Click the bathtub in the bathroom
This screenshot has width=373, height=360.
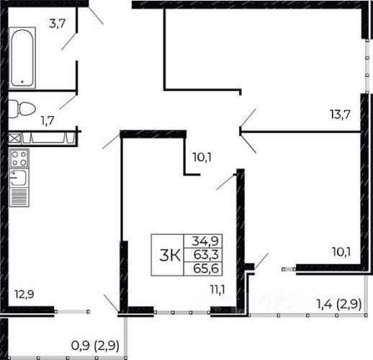coord(22,58)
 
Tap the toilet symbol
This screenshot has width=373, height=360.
coord(22,109)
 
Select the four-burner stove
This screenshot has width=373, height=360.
coord(19,158)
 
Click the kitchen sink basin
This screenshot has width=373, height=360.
coord(19,178)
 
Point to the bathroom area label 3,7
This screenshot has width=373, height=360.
coord(58,24)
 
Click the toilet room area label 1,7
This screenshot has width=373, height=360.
coord(48,120)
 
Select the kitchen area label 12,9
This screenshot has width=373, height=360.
coord(24,294)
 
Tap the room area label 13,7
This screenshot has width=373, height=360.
coord(341,114)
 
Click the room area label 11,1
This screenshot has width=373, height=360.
coord(217,290)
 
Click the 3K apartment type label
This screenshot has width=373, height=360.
coord(170,255)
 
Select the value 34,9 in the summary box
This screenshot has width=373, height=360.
coord(205,241)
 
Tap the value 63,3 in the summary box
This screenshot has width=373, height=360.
coord(206,255)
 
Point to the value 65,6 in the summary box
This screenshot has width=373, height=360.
coord(206,269)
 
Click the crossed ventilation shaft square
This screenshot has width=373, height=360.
coord(14,139)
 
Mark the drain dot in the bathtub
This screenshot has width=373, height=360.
coord(22,81)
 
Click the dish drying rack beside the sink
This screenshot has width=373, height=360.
coord(19,197)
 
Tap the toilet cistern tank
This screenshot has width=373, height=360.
coord(14,109)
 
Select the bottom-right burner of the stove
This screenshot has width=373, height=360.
coord(23,163)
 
